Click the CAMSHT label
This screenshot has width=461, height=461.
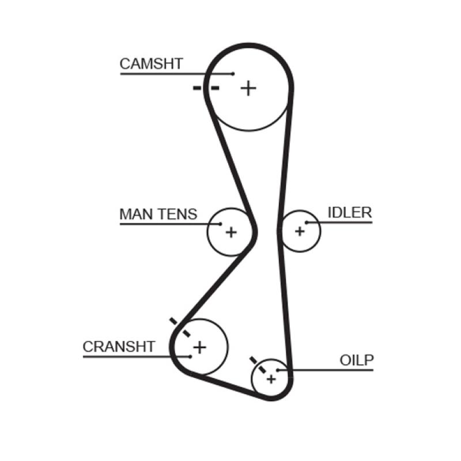(x=151, y=64)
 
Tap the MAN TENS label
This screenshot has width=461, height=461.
(x=158, y=214)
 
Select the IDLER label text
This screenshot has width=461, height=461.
(x=350, y=213)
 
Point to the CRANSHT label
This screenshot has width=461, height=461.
(x=119, y=347)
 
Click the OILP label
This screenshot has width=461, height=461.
(x=357, y=361)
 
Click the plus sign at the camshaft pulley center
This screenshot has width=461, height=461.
(x=248, y=88)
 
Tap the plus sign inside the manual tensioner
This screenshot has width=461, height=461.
(x=231, y=232)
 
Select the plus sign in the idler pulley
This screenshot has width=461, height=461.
(x=299, y=231)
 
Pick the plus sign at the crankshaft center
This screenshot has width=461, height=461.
(x=199, y=347)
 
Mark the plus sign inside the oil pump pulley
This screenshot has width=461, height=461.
(x=271, y=379)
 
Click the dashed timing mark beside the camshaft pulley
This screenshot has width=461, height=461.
(x=206, y=88)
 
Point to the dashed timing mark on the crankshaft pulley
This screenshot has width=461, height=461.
(x=180, y=327)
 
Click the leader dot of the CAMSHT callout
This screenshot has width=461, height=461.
(x=233, y=74)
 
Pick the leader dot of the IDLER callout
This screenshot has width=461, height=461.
(x=307, y=222)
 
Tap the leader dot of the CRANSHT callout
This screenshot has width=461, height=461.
(x=189, y=357)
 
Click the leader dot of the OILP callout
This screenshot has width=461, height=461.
(x=278, y=370)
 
